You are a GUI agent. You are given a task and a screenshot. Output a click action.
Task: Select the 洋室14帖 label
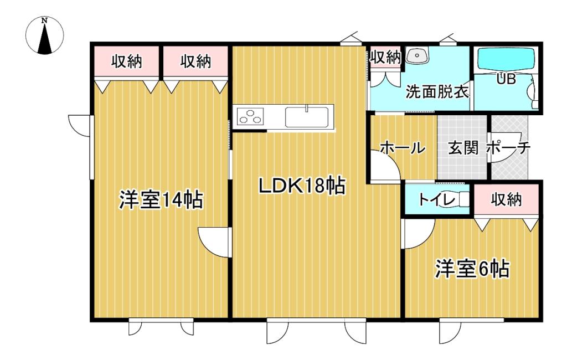click(160, 199)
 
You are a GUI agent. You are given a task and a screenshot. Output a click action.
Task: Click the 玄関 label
click(463, 148)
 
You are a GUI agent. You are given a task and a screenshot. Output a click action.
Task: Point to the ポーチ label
click(509, 148)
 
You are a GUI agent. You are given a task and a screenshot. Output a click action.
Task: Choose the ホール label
click(403, 148)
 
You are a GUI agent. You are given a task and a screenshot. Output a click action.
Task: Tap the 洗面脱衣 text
click(437, 91)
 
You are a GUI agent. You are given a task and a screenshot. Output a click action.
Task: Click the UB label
click(506, 79)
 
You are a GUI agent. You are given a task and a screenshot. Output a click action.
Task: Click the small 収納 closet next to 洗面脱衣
click(385, 57)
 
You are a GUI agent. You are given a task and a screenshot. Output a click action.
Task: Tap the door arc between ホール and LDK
click(385, 166)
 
